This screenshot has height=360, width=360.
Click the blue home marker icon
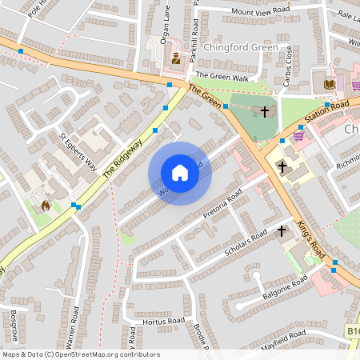pyautogui.click(x=180, y=173)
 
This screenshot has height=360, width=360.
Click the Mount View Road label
pyautogui.click(x=258, y=12)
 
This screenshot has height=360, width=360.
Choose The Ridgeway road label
pyautogui.click(x=127, y=150)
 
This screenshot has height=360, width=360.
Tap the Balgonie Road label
pyautogui.click(x=285, y=289)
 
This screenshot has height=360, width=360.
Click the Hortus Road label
pyautogui.click(x=163, y=321)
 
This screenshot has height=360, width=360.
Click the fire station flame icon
pyautogui.click(x=45, y=206)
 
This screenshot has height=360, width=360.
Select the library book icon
pyautogui.click(x=330, y=83)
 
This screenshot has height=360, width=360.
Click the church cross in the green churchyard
pyautogui.click(x=265, y=110)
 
